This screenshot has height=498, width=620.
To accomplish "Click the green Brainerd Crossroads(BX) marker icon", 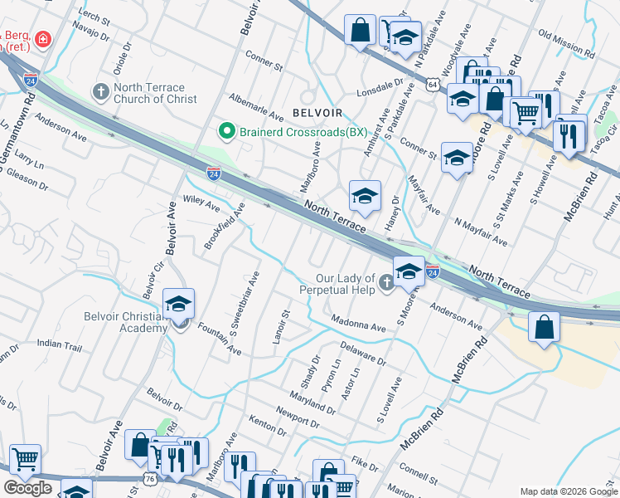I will point(225,131).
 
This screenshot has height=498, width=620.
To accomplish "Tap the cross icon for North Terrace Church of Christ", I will point(101,90).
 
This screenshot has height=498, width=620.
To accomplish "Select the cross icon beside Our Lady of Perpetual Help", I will point(386,285).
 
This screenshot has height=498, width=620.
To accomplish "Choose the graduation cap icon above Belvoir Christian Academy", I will point(178,302).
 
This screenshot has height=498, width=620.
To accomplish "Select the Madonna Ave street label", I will point(357,328).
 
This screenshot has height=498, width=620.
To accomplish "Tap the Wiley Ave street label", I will point(201,202).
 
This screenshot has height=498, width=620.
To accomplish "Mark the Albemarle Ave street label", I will point(256,105).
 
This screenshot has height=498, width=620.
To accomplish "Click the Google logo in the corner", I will point(27,488).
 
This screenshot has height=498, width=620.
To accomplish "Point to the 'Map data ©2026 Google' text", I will point(569,491).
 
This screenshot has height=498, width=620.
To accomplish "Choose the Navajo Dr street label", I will point(90,34).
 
